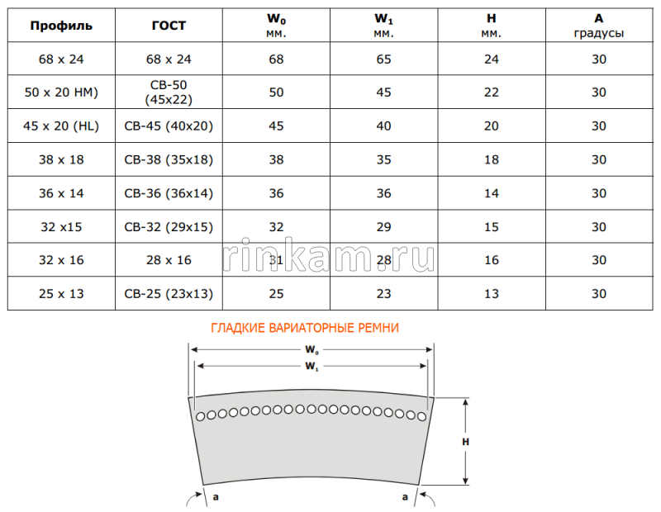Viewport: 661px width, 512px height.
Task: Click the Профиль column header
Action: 61,26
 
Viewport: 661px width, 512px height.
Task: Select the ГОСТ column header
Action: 169,26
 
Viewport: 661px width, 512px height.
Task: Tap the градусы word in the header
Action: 598,33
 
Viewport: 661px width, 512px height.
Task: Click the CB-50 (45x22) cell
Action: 169,92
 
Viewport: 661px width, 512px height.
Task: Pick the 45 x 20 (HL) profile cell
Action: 61,126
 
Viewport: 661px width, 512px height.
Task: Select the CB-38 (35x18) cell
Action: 169,159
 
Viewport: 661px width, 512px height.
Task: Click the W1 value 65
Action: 383,59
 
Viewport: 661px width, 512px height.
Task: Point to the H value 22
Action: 491,92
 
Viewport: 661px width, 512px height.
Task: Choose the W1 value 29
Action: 383,227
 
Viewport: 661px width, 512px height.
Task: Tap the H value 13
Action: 491,294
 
